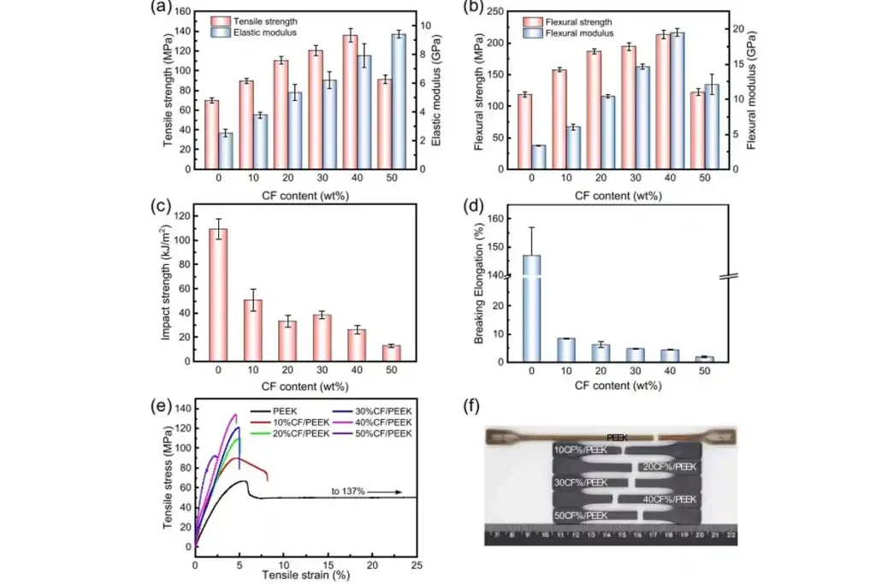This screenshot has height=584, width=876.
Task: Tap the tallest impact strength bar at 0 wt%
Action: tap(218, 294)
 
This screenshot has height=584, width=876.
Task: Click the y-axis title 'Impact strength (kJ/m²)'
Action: tap(168, 284)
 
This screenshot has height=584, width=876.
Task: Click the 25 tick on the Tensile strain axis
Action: tap(417, 564)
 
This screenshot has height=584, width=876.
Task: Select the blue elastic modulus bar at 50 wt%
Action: tap(399, 101)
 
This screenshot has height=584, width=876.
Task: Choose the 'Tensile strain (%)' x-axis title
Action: tap(306, 576)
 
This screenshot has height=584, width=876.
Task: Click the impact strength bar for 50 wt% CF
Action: tap(391, 353)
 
